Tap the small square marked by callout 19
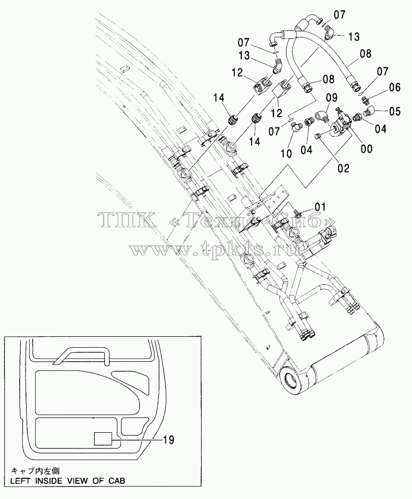coord(103,439)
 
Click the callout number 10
coord(286,153)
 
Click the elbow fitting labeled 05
coord(369,111)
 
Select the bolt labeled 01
coord(301,212)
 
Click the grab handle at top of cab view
coord(82,355)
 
